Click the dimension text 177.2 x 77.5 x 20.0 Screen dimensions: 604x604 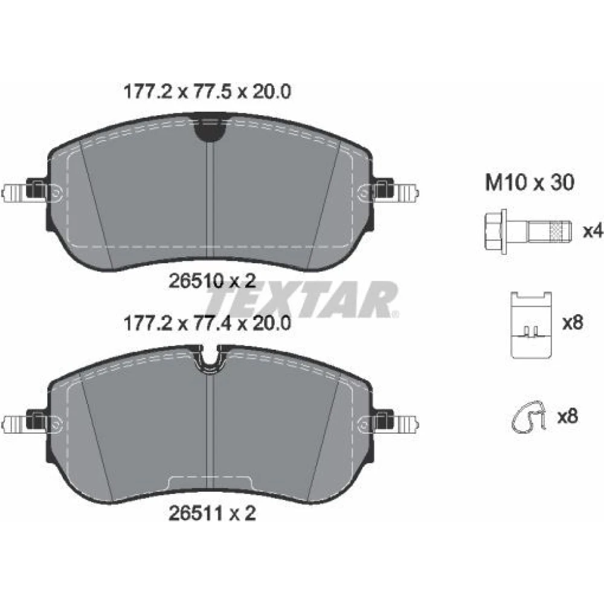pyautogui.click(x=207, y=92)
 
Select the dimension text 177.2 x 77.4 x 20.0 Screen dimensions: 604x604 pyautogui.click(x=207, y=324)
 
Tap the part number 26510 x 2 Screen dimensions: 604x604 pyautogui.click(x=212, y=281)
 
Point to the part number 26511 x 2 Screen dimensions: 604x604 pyautogui.click(x=212, y=513)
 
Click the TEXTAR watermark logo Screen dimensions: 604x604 pyautogui.click(x=303, y=300)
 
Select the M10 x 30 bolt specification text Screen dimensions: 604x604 pyautogui.click(x=530, y=182)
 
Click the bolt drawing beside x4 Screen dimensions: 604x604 pyautogui.click(x=527, y=232)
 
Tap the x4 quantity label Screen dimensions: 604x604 pyautogui.click(x=592, y=231)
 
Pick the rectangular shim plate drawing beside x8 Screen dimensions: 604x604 pyautogui.click(x=531, y=325)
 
